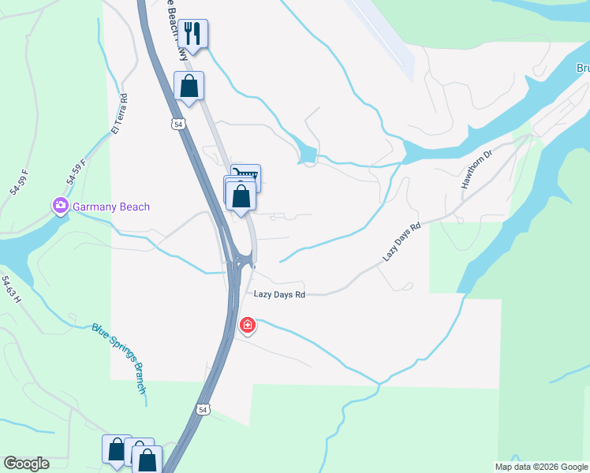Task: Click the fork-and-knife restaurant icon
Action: (x=192, y=34)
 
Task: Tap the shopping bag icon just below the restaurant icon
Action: (x=189, y=86)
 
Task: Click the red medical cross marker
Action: (x=248, y=325)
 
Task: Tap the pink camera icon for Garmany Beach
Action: (x=61, y=207)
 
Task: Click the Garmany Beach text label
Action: (x=111, y=207)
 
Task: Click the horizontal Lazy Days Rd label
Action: (x=279, y=294)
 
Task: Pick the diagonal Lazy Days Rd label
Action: (x=402, y=242)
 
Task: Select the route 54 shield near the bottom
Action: (x=204, y=410)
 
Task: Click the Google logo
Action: (x=27, y=464)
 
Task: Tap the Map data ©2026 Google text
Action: (x=541, y=467)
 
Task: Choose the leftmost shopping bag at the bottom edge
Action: (x=117, y=450)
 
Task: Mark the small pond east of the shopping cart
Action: (x=307, y=154)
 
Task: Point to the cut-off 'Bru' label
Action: (x=582, y=69)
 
